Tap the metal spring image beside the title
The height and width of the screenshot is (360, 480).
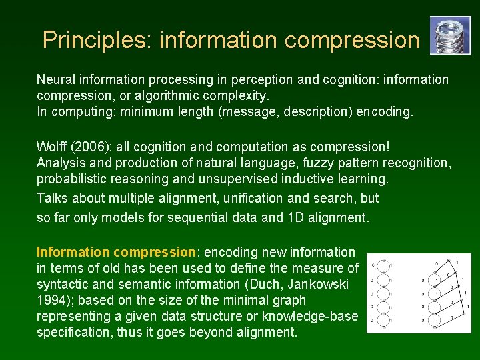[450, 35]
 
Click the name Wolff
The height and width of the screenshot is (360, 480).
[51, 146]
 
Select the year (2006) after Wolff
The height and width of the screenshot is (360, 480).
[89, 146]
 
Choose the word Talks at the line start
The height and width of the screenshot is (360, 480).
[52, 198]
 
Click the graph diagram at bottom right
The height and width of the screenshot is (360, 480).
[419, 293]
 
